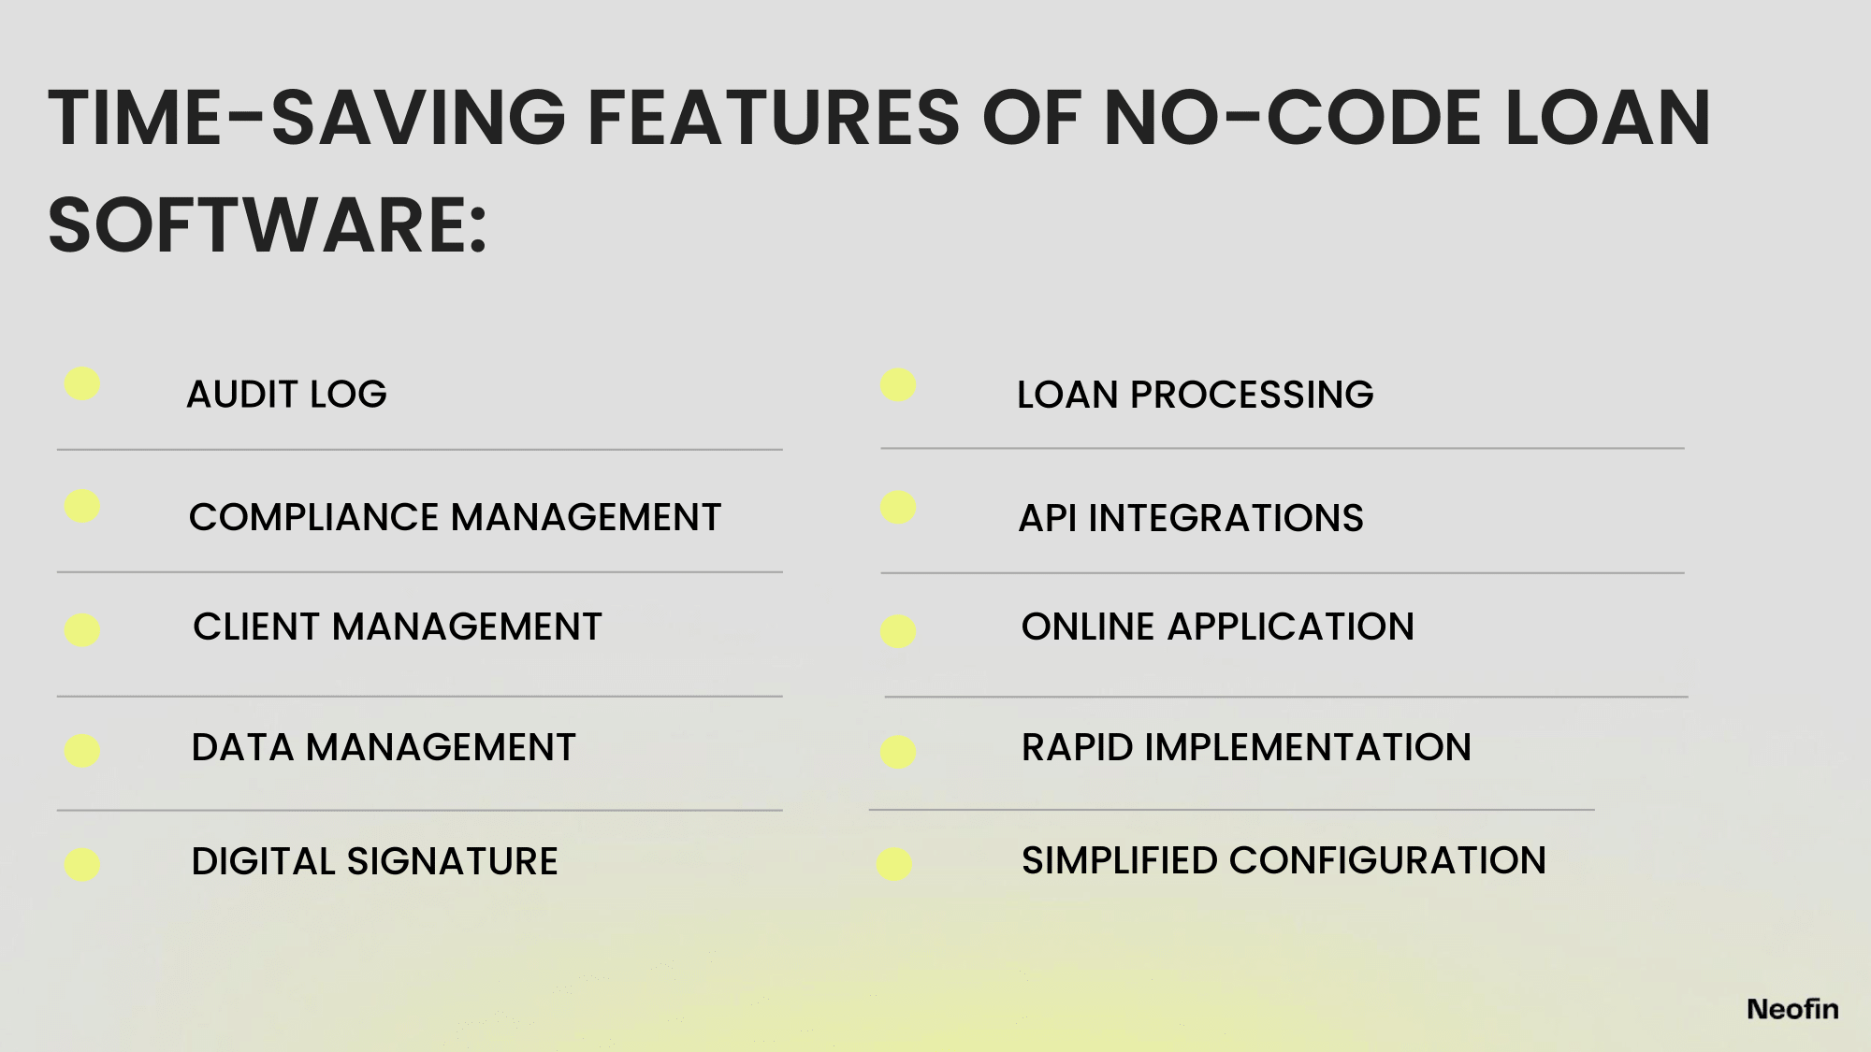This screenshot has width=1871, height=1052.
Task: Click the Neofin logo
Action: (x=1792, y=1009)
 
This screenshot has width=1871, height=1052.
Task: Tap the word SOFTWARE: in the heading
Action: (x=268, y=225)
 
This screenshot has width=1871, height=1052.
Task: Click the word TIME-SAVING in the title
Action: (x=307, y=118)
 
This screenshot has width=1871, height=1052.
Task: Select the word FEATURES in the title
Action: (x=773, y=118)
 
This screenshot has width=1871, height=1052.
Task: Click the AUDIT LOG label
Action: (x=286, y=395)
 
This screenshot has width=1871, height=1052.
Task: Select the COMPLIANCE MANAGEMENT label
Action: (x=455, y=517)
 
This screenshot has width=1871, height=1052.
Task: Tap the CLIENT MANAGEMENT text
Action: (x=397, y=627)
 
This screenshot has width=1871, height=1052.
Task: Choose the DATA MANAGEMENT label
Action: (x=384, y=747)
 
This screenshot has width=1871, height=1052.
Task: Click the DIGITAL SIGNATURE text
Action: (x=374, y=861)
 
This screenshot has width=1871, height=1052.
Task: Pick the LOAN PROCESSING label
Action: (x=1195, y=395)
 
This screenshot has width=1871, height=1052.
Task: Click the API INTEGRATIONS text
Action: (x=1191, y=518)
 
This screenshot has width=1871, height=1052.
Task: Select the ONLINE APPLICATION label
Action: (x=1217, y=627)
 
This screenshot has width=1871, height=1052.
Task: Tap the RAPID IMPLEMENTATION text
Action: (x=1246, y=747)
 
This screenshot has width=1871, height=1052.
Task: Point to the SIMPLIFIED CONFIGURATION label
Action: (x=1284, y=860)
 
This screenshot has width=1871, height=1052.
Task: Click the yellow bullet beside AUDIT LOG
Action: (x=82, y=383)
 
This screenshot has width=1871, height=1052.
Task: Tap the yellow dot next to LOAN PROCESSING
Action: (x=898, y=385)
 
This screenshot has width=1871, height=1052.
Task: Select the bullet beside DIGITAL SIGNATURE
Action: (x=82, y=865)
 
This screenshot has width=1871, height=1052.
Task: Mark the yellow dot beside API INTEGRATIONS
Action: (x=898, y=508)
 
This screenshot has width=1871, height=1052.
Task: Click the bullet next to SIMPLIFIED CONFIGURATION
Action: (x=894, y=864)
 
